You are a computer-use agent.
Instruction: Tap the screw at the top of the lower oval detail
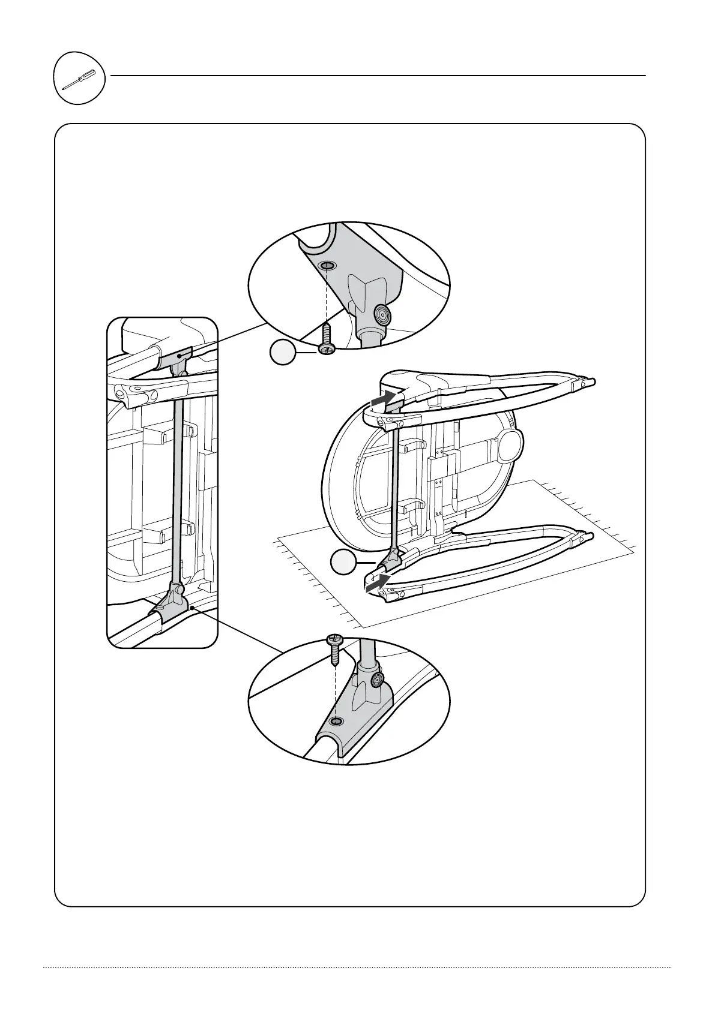pyautogui.click(x=334, y=647)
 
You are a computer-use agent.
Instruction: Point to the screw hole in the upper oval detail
pyautogui.click(x=327, y=266)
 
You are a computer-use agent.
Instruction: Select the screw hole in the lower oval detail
pyautogui.click(x=337, y=720)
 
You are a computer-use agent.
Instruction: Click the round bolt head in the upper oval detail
pyautogui.click(x=381, y=313)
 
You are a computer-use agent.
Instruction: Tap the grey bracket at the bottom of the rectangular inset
pyautogui.click(x=174, y=607)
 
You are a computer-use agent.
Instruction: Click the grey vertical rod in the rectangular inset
pyautogui.click(x=177, y=480)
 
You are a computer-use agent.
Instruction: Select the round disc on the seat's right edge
pyautogui.click(x=511, y=444)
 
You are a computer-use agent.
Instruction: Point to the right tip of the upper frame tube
pyautogui.click(x=592, y=380)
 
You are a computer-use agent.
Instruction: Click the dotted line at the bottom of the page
pyautogui.click(x=357, y=967)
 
